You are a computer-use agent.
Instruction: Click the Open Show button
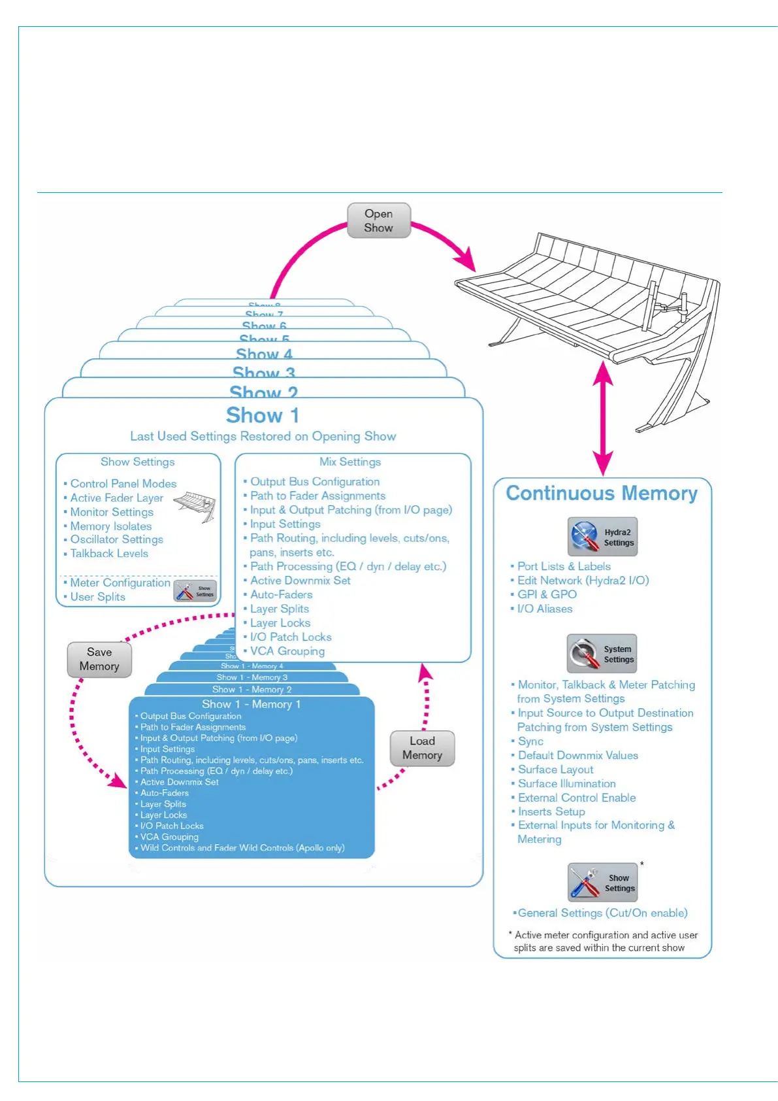pos(378,221)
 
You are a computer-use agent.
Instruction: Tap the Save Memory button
pos(99,659)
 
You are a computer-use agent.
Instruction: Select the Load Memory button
pos(422,748)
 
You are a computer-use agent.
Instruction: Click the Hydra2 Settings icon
pos(602,537)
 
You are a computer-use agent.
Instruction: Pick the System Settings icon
pos(602,654)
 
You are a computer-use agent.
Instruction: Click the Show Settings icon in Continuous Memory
pos(602,883)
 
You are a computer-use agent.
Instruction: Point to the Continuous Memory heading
pos(602,493)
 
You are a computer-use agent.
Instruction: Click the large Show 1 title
pos(263,415)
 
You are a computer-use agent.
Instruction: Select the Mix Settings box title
pos(350,462)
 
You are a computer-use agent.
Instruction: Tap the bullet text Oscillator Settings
pos(116,539)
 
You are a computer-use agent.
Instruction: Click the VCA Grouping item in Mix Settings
pos(287,651)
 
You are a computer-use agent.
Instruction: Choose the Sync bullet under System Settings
pos(530,741)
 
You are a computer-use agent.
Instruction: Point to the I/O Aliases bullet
pos(545,609)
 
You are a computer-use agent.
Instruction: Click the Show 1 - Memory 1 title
pos(251,704)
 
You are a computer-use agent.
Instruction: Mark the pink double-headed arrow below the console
pos(602,418)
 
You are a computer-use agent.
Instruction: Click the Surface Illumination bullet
pos(566,783)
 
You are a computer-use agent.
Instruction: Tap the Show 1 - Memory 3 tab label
pos(252,677)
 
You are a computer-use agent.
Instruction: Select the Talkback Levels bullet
pos(109,553)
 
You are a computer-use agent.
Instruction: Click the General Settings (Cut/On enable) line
pos(602,913)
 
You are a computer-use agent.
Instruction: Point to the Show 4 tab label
pos(264,354)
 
